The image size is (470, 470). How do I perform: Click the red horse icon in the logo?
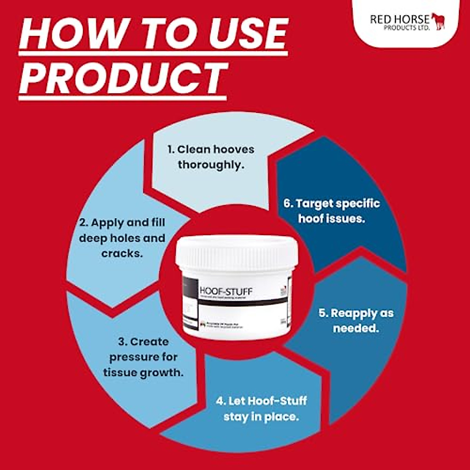point(439,21)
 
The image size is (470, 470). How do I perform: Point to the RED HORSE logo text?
point(399,19)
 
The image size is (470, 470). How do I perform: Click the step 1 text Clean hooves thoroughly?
point(211,157)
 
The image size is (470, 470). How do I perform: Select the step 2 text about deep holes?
point(122,238)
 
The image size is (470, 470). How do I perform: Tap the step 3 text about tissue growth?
point(143,357)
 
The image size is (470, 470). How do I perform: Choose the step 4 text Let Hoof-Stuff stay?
point(261,409)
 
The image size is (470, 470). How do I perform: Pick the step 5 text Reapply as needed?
point(356,320)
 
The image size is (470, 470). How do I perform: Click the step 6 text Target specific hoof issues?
point(331,211)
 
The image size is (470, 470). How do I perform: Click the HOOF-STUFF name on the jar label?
point(226,291)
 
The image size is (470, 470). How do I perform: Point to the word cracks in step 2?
point(122,253)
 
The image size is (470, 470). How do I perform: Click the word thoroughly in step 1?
point(211,164)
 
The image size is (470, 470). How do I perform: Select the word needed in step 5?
point(356,328)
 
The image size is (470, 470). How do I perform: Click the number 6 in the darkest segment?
point(288,203)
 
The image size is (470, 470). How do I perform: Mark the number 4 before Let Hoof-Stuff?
point(220,401)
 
